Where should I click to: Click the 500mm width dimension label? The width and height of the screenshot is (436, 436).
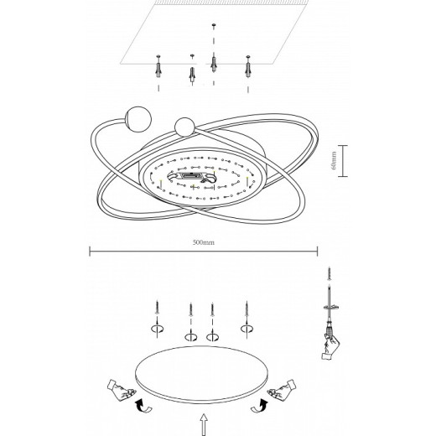click(x=204, y=242)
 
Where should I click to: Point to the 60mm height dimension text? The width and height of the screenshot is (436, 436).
click(x=334, y=159)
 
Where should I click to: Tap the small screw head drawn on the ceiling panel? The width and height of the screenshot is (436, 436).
click(x=214, y=28)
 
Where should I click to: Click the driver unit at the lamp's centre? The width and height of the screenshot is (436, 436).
click(x=200, y=177)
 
